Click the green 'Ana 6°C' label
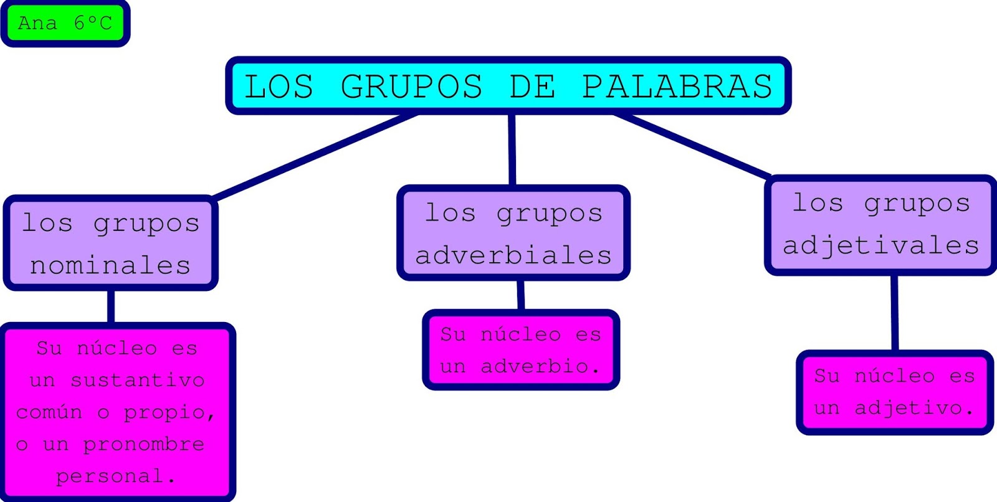65,24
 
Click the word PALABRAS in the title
677,87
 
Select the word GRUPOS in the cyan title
411,87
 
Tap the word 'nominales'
110,266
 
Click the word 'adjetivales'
880,245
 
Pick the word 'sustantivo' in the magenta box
138,380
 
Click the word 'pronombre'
144,444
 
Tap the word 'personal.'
115,476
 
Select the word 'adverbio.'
540,366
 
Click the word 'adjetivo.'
914,408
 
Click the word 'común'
49,412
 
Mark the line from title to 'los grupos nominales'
315,156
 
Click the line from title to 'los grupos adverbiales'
512,149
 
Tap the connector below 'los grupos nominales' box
111,306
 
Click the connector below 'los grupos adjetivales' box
894,313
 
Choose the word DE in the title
532,87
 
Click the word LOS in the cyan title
279,87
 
